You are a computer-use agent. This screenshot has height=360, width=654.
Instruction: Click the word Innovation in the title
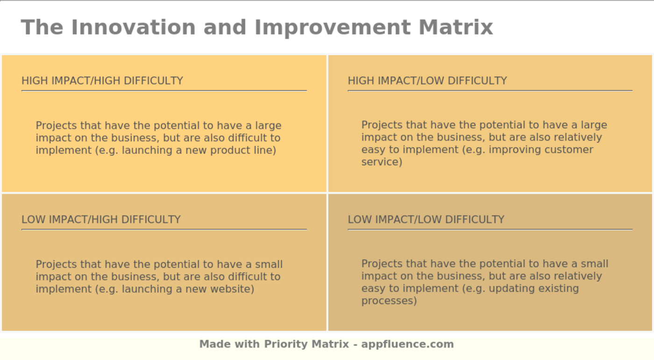point(133,27)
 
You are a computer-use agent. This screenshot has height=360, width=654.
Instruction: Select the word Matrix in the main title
point(455,27)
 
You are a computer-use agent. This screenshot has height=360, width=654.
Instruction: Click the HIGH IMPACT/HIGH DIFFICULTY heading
point(102,81)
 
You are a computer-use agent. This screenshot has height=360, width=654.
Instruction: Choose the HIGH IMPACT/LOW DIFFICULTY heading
point(427,81)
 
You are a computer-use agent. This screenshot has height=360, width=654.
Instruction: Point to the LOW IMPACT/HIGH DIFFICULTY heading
point(101,219)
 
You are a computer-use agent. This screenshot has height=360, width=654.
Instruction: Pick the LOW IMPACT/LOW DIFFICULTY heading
point(426,219)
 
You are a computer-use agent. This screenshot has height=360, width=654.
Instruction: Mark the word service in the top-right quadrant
point(381,162)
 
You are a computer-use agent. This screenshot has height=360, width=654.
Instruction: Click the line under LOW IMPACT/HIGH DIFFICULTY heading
point(164,229)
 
